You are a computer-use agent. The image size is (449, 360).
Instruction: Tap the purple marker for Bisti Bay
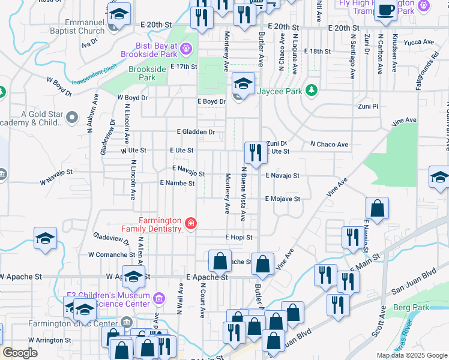[187, 47]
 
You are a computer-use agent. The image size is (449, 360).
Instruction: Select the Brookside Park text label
[147, 74]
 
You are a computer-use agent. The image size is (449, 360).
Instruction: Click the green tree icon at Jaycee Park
[311, 91]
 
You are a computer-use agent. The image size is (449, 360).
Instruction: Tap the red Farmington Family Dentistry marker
[190, 224]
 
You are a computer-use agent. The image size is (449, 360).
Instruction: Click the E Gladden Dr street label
[196, 131]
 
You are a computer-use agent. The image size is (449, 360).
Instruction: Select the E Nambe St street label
[177, 183]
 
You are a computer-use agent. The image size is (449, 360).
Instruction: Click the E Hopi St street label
[239, 238]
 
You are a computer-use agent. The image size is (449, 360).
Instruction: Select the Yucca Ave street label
[420, 42]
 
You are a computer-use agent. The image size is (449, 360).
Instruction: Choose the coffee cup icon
[385, 10]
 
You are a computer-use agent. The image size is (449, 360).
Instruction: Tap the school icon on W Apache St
[134, 276]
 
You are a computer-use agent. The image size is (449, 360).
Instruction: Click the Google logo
[20, 353]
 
